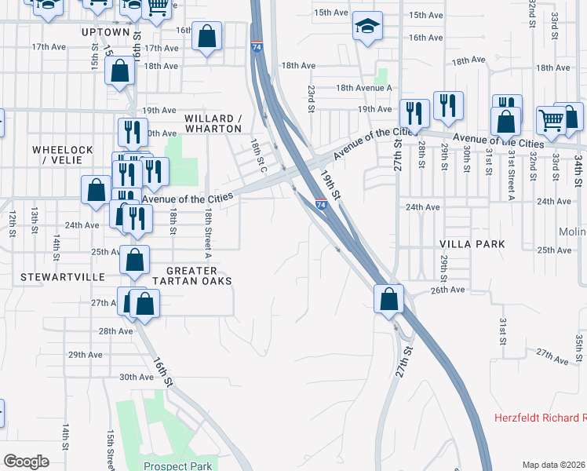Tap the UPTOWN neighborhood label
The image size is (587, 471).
coord(105,32)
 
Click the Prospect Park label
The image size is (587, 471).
coord(179,466)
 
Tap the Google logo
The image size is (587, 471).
coord(26,462)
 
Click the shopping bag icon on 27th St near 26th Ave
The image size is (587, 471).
coord(389,298)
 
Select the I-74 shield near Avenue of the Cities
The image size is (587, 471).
coord(321,205)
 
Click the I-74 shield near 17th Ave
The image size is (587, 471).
coord(257,47)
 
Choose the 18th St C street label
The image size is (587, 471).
coord(258,155)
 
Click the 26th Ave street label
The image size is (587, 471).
coord(447,290)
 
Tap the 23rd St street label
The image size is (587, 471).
coord(312,98)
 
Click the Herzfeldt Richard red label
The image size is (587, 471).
coord(540,418)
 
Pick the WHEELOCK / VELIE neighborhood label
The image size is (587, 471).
coord(63,155)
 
